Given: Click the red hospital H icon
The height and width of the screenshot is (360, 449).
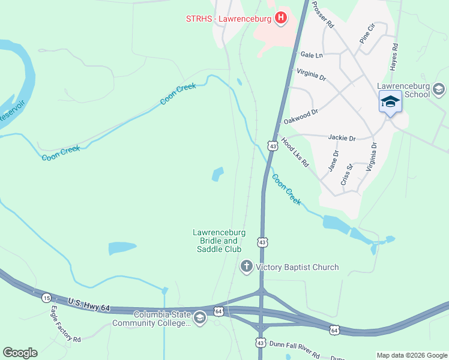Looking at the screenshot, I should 280,19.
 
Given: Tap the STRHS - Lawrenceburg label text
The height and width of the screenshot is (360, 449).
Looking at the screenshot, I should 228,19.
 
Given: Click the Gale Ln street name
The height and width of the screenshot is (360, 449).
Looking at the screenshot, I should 312,55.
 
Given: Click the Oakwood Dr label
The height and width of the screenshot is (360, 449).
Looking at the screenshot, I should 300,116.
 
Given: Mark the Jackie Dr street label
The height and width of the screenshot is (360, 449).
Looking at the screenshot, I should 342,138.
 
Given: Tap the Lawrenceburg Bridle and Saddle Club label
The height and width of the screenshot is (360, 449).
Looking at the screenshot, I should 217,240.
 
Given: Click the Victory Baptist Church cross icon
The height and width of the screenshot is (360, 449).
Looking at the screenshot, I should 246,266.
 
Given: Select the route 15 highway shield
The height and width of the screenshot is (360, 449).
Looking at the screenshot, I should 47,298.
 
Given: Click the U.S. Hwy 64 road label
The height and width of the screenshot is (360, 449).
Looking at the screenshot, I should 89,304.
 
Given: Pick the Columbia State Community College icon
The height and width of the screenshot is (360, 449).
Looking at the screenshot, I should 200,318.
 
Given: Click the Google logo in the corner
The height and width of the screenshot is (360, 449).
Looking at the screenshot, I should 20,353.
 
